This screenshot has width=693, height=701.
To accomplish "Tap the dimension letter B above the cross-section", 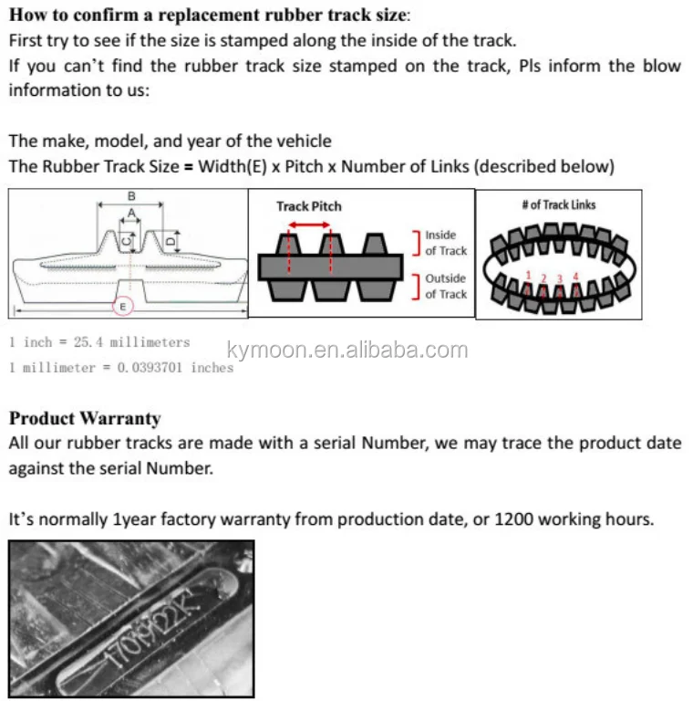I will pos(131,196).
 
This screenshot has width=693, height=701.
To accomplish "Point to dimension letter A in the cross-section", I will pos(131,212).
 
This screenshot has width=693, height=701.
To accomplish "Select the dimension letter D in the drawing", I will pos(171,242).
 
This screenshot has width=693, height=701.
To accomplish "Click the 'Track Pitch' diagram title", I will pos(309,206).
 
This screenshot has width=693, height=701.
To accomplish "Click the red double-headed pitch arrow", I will pos(309,224).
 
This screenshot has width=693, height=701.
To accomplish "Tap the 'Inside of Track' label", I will pos(445,243).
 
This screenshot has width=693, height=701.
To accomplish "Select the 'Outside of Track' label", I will pos(445,286).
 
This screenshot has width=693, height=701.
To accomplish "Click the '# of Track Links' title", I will pos(558,204).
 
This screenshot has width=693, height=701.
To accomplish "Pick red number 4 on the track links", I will pos(574,275).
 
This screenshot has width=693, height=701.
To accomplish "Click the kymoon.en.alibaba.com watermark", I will pos(346,350).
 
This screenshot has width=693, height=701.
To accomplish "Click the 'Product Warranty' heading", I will pos(85,419).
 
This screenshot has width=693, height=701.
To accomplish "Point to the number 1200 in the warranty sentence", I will pos(512,519).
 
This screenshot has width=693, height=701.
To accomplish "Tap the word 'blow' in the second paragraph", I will pos(661,66).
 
